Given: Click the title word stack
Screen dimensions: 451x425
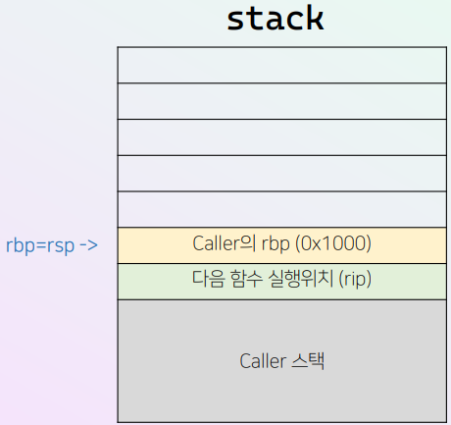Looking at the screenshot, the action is coord(276,19).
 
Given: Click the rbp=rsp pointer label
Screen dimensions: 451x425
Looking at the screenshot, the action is coord(40,245).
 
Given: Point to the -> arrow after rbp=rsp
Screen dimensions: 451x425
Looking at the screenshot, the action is coord(88,245).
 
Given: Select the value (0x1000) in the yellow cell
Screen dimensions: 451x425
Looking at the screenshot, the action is coord(333,243).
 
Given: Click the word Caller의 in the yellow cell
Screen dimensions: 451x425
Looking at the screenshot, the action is coord(224,243).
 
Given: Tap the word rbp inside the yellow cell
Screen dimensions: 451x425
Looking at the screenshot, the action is coord(276,244).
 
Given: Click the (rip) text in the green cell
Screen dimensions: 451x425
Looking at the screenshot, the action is coord(355,279).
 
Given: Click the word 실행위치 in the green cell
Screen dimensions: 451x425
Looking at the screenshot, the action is coord(301,279).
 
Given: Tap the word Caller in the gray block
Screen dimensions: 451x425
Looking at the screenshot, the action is coord(263,361).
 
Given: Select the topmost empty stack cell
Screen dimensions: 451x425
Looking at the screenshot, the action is coord(282,65).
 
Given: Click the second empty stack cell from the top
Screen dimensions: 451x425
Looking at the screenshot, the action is coord(282,101).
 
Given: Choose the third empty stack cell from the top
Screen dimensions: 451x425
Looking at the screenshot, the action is coord(282,137).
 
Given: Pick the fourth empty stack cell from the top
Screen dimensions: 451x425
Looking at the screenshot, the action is coord(282,174).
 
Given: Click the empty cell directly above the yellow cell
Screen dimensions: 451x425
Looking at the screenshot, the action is coord(282,209).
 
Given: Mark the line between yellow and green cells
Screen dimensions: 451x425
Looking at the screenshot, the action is coord(282,263).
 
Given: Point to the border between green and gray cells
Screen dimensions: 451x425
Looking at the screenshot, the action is coord(282,299).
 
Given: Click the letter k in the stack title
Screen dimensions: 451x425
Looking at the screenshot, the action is coord(315,18).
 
